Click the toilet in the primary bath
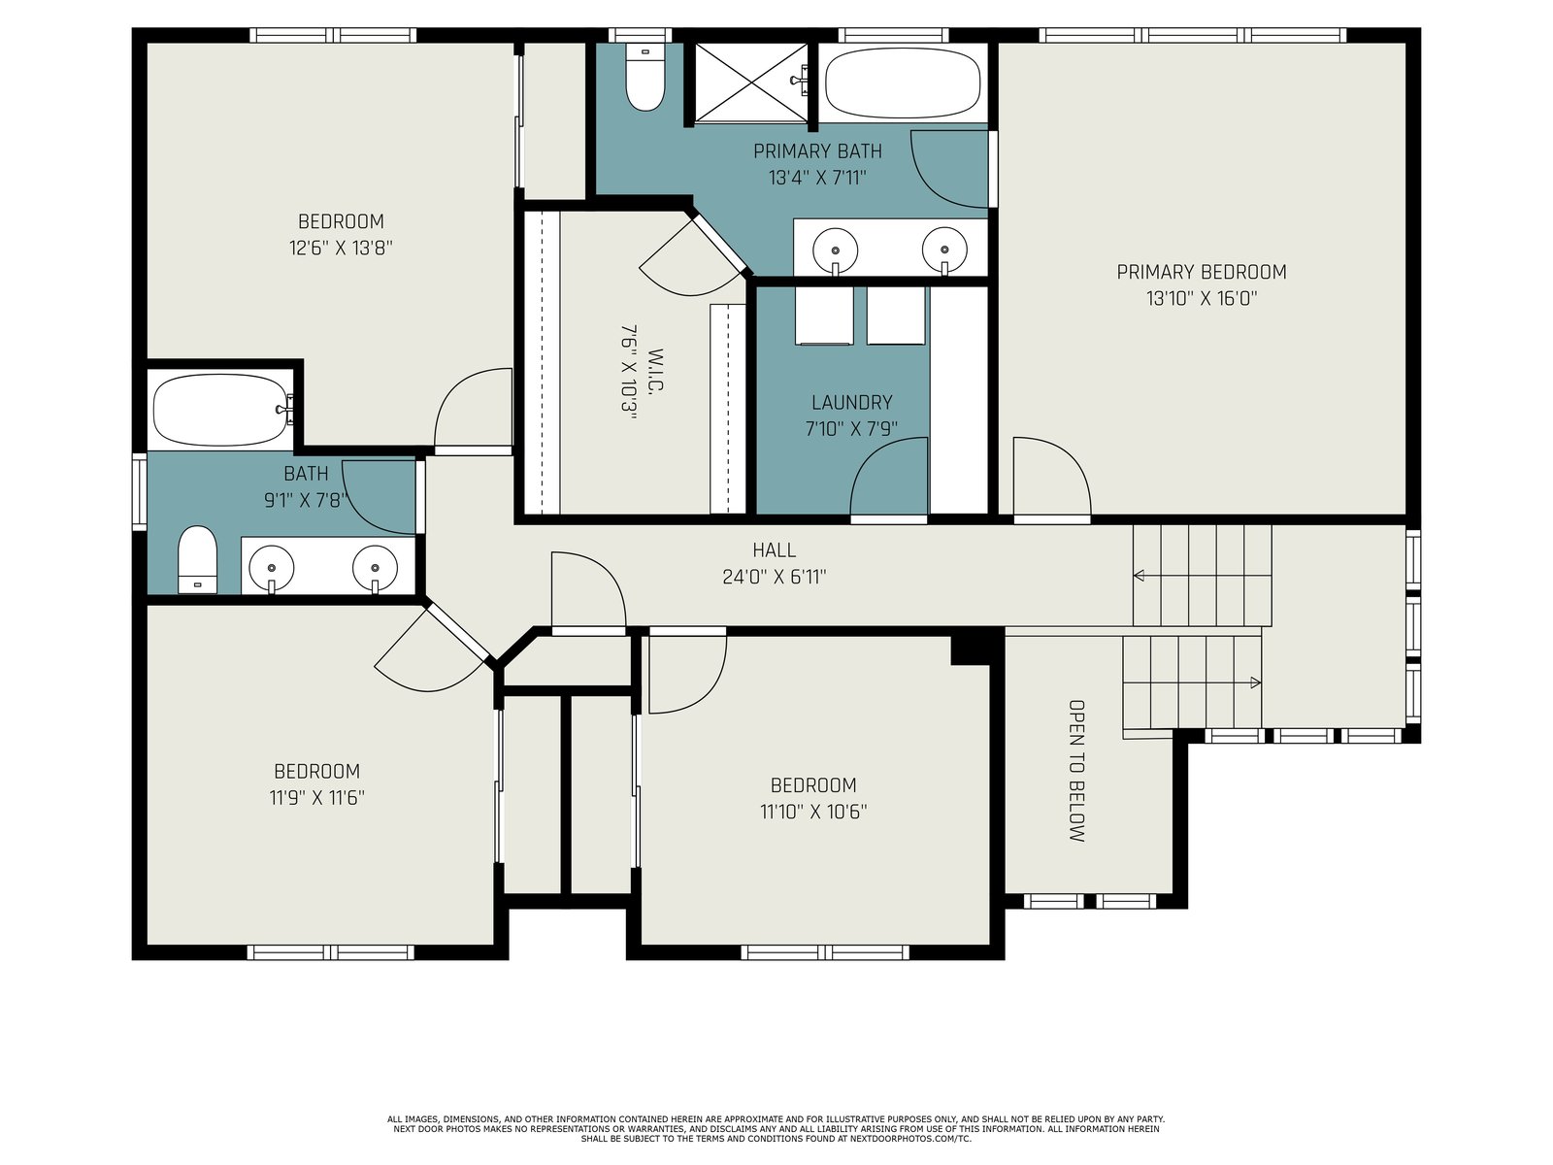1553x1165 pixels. [644, 77]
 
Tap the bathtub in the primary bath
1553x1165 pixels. [902, 83]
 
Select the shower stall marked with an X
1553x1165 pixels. [750, 83]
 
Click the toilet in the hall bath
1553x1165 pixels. [197, 559]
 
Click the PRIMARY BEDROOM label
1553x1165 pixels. [1202, 272]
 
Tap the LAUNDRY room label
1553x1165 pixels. [851, 403]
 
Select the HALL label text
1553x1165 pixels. [774, 549]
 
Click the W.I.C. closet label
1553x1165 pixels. [655, 370]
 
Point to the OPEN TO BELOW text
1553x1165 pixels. [1076, 770]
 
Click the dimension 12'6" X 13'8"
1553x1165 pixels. [341, 249]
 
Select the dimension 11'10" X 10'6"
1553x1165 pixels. [813, 812]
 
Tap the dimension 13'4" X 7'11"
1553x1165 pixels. [818, 178]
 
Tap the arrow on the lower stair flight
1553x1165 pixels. [1192, 682]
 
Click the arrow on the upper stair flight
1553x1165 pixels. [1203, 576]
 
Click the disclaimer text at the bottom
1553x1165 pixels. [776, 1129]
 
